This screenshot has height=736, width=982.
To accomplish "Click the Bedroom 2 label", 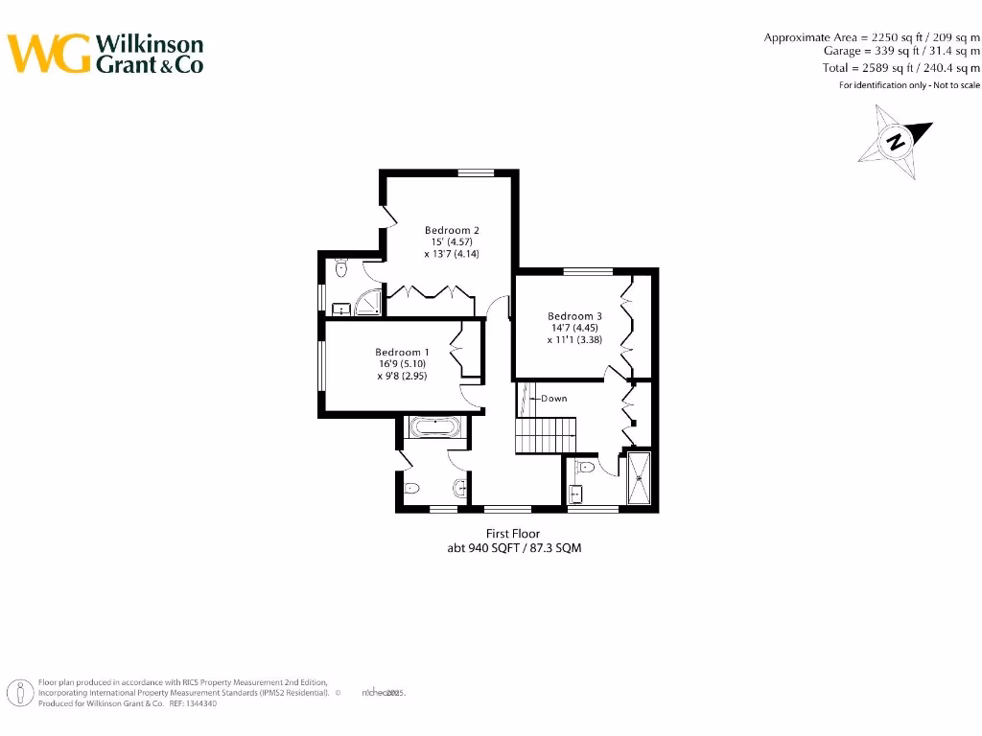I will pyautogui.click(x=452, y=230).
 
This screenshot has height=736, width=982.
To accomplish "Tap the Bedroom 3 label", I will pyautogui.click(x=574, y=316).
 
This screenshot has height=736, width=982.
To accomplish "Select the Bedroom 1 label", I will pyautogui.click(x=402, y=353).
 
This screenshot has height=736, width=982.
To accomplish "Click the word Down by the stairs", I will pyautogui.click(x=553, y=399).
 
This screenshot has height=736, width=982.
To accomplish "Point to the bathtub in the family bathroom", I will pyautogui.click(x=434, y=426).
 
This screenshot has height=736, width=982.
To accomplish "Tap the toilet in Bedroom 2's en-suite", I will pyautogui.click(x=340, y=268).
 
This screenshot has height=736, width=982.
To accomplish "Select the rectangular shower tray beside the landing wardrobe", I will pyautogui.click(x=638, y=478).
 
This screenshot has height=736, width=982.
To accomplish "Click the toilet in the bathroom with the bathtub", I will pyautogui.click(x=411, y=488).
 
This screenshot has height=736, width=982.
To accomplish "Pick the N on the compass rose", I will pyautogui.click(x=896, y=143).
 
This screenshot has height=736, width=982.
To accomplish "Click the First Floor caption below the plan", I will pyautogui.click(x=513, y=534).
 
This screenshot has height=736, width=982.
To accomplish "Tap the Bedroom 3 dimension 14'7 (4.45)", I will pyautogui.click(x=574, y=328).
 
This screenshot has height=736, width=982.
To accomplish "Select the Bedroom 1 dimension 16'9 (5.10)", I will pyautogui.click(x=402, y=364).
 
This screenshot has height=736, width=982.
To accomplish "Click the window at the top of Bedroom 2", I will pyautogui.click(x=475, y=172).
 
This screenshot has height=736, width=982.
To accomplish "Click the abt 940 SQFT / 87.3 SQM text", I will pyautogui.click(x=512, y=548).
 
